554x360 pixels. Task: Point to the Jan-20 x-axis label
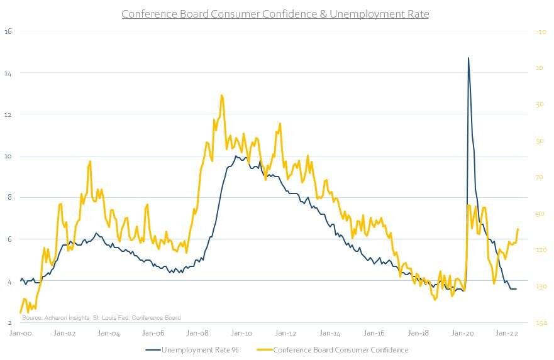point(463,334)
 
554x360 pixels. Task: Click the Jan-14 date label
point(331,334)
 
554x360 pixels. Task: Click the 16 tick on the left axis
point(9,31)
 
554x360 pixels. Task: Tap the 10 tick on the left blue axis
point(9,156)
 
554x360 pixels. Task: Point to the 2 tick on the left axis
point(9,322)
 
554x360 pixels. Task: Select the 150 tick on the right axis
point(540,323)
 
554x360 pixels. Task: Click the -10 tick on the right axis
point(540,31)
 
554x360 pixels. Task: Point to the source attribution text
point(101,318)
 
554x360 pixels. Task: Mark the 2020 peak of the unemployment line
point(468,58)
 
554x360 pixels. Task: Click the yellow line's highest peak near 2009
point(222,95)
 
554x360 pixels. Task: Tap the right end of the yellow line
point(518,229)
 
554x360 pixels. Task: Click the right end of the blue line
point(517,289)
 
